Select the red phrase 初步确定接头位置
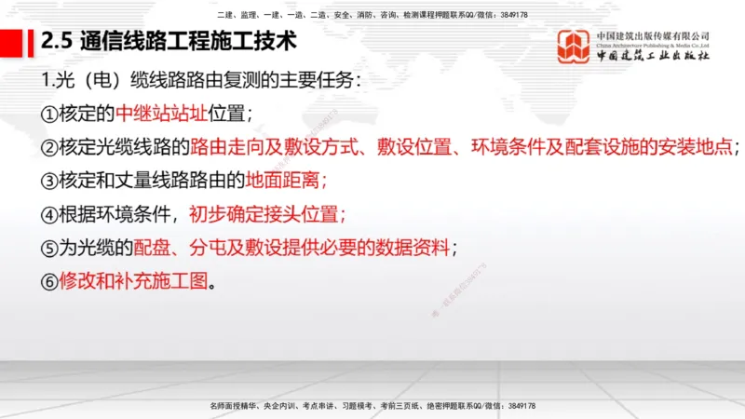click(x=266, y=214)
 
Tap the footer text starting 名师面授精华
click(x=372, y=406)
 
